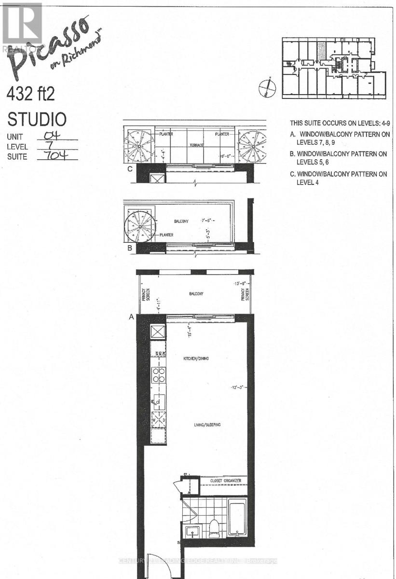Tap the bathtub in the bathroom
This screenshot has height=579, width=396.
pyautogui.click(x=236, y=519)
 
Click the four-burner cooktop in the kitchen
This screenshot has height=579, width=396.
pyautogui.click(x=158, y=375)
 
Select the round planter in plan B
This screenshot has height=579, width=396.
pyautogui.click(x=141, y=225)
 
